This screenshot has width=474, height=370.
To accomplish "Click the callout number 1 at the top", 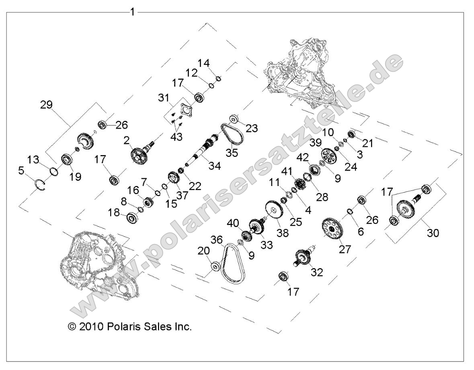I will pyautogui.click(x=132, y=12).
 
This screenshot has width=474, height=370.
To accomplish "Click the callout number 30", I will pyautogui.click(x=433, y=233).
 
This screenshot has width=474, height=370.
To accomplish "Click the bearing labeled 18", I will pyautogui.click(x=131, y=218).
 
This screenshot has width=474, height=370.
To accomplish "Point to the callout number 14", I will pyautogui.click(x=204, y=63).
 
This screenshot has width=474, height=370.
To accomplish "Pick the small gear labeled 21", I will pyautogui.click(x=351, y=135).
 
